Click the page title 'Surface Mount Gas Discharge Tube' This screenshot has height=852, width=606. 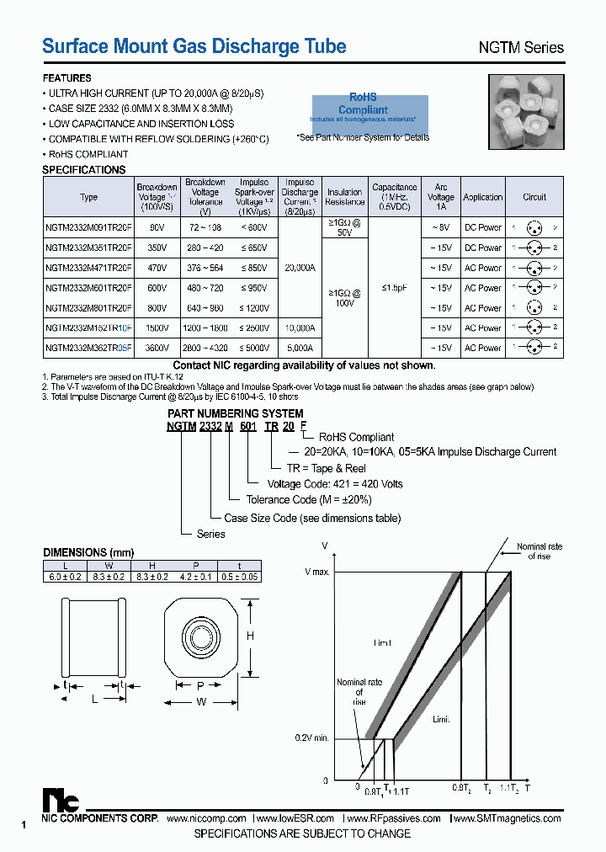[x=194, y=46]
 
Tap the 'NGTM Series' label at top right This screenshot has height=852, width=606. [x=521, y=48]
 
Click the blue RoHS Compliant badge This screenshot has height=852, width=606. [x=364, y=110]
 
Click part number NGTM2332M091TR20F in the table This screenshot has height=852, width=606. [x=88, y=227]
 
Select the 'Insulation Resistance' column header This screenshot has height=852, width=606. [x=344, y=197]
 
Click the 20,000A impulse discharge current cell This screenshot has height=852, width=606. [x=300, y=268]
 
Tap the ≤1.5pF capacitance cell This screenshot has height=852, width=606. [x=394, y=287]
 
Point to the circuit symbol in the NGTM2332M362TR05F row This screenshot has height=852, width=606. [x=534, y=348]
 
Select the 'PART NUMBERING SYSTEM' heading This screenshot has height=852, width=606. [x=236, y=413]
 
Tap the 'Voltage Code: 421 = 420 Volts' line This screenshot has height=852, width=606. [x=335, y=484]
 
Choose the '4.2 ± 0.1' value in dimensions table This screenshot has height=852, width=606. [x=195, y=576]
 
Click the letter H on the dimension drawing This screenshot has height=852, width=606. [x=250, y=636]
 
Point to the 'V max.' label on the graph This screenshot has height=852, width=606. [x=318, y=572]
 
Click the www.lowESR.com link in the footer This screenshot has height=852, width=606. [x=295, y=818]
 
